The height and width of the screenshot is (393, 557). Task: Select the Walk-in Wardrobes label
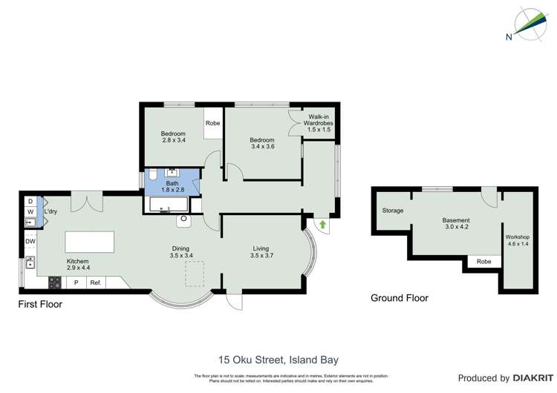(321, 123)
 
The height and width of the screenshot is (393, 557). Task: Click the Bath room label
(172, 186)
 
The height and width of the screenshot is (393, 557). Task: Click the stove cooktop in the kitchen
(54, 283)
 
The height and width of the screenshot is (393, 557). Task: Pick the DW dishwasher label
(30, 241)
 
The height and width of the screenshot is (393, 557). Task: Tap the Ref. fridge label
(95, 283)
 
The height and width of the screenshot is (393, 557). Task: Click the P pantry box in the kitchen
(76, 283)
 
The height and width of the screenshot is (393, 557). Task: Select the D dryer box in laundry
(30, 201)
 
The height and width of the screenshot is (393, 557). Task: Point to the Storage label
(393, 211)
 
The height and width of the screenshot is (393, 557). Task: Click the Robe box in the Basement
(483, 261)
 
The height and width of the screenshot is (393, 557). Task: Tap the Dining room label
(180, 252)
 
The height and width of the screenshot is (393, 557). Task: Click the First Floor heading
(40, 304)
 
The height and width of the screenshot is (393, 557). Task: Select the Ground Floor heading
(400, 298)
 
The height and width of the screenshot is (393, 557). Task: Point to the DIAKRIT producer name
(524, 378)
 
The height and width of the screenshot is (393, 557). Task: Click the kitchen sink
(30, 262)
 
